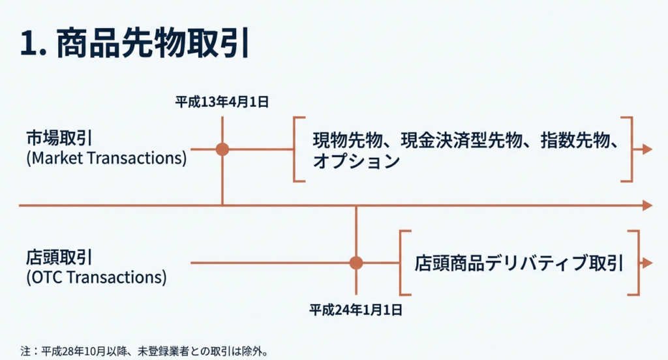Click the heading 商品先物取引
pyautogui.click(x=153, y=44)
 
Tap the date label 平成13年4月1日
pyautogui.click(x=222, y=102)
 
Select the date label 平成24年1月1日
pyautogui.click(x=356, y=310)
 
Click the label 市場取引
pyautogui.click(x=59, y=138)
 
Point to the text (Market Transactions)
pyautogui.click(x=106, y=158)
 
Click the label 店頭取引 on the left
pyautogui.click(x=59, y=258)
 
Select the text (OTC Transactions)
pyautogui.click(x=97, y=277)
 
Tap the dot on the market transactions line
pyautogui.click(x=222, y=149)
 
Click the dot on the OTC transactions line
pyautogui.click(x=356, y=263)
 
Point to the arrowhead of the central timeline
pyautogui.click(x=648, y=205)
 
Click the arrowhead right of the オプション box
pyautogui.click(x=648, y=149)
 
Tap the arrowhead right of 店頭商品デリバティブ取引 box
pyautogui.click(x=648, y=263)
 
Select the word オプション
pyautogui.click(x=356, y=162)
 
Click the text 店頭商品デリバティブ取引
pyautogui.click(x=519, y=263)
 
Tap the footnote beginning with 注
pyautogui.click(x=144, y=352)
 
